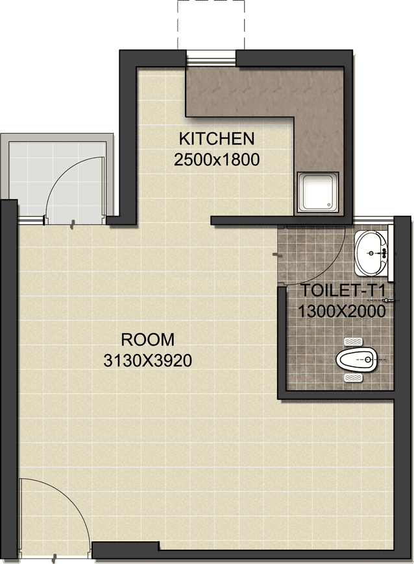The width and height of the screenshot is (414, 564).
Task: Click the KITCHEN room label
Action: (216, 138)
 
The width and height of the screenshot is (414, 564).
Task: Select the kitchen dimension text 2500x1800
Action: (217, 159)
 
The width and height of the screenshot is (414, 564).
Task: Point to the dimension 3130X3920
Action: (147, 361)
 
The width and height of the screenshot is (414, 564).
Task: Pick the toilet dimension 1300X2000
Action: (342, 311)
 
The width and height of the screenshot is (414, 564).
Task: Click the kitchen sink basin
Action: (319, 192)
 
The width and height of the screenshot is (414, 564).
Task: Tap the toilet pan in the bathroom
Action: (356, 358)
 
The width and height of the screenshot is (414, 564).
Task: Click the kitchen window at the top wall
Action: (211, 58)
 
